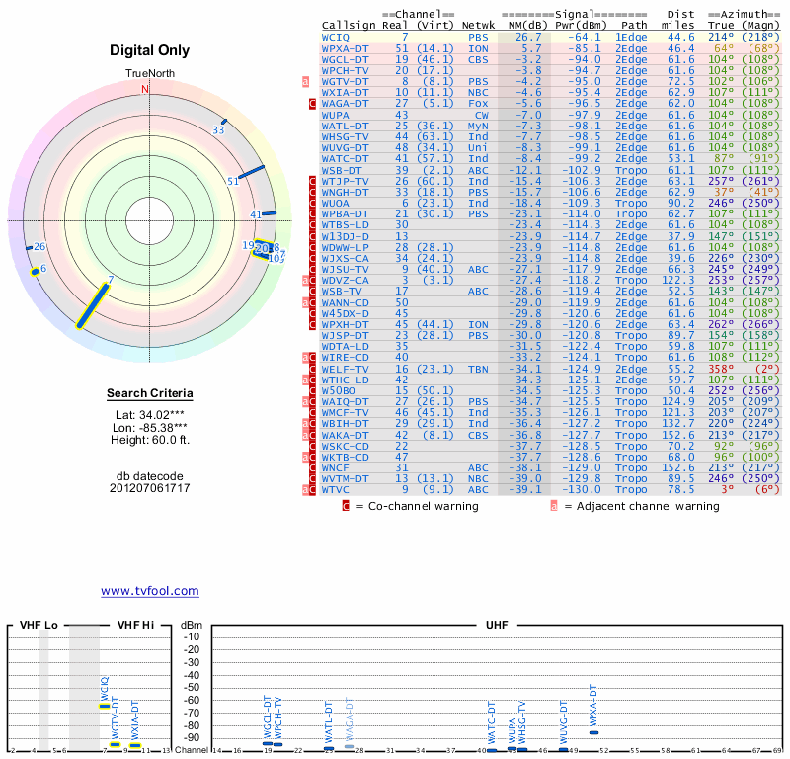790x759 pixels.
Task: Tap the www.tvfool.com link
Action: pyautogui.click(x=150, y=591)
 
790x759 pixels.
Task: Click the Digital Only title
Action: pyautogui.click(x=150, y=50)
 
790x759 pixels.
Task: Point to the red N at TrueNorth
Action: pyautogui.click(x=145, y=89)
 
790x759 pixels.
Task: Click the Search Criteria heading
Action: pyautogui.click(x=149, y=394)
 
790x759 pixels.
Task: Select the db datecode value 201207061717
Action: pyautogui.click(x=149, y=488)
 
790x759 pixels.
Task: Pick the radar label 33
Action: pyautogui.click(x=218, y=129)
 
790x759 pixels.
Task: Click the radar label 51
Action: pyautogui.click(x=233, y=181)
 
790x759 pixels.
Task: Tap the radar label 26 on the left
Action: pyautogui.click(x=39, y=247)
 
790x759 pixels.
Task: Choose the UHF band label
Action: pyautogui.click(x=497, y=626)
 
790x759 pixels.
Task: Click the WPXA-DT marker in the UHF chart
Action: pyautogui.click(x=593, y=732)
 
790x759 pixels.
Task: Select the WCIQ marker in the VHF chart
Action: pyautogui.click(x=105, y=706)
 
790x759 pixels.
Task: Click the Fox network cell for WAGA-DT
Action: pyautogui.click(x=477, y=103)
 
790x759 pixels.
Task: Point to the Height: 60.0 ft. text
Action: pyautogui.click(x=149, y=440)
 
